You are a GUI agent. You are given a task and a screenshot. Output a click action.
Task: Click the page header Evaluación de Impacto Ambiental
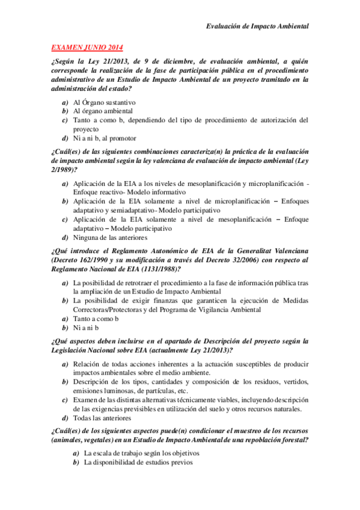pyautogui.click(x=257, y=26)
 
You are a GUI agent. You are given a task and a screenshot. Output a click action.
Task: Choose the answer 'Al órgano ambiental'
pyautogui.click(x=103, y=111)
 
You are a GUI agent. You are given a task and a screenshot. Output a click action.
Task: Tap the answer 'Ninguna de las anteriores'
pyautogui.click(x=112, y=238)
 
